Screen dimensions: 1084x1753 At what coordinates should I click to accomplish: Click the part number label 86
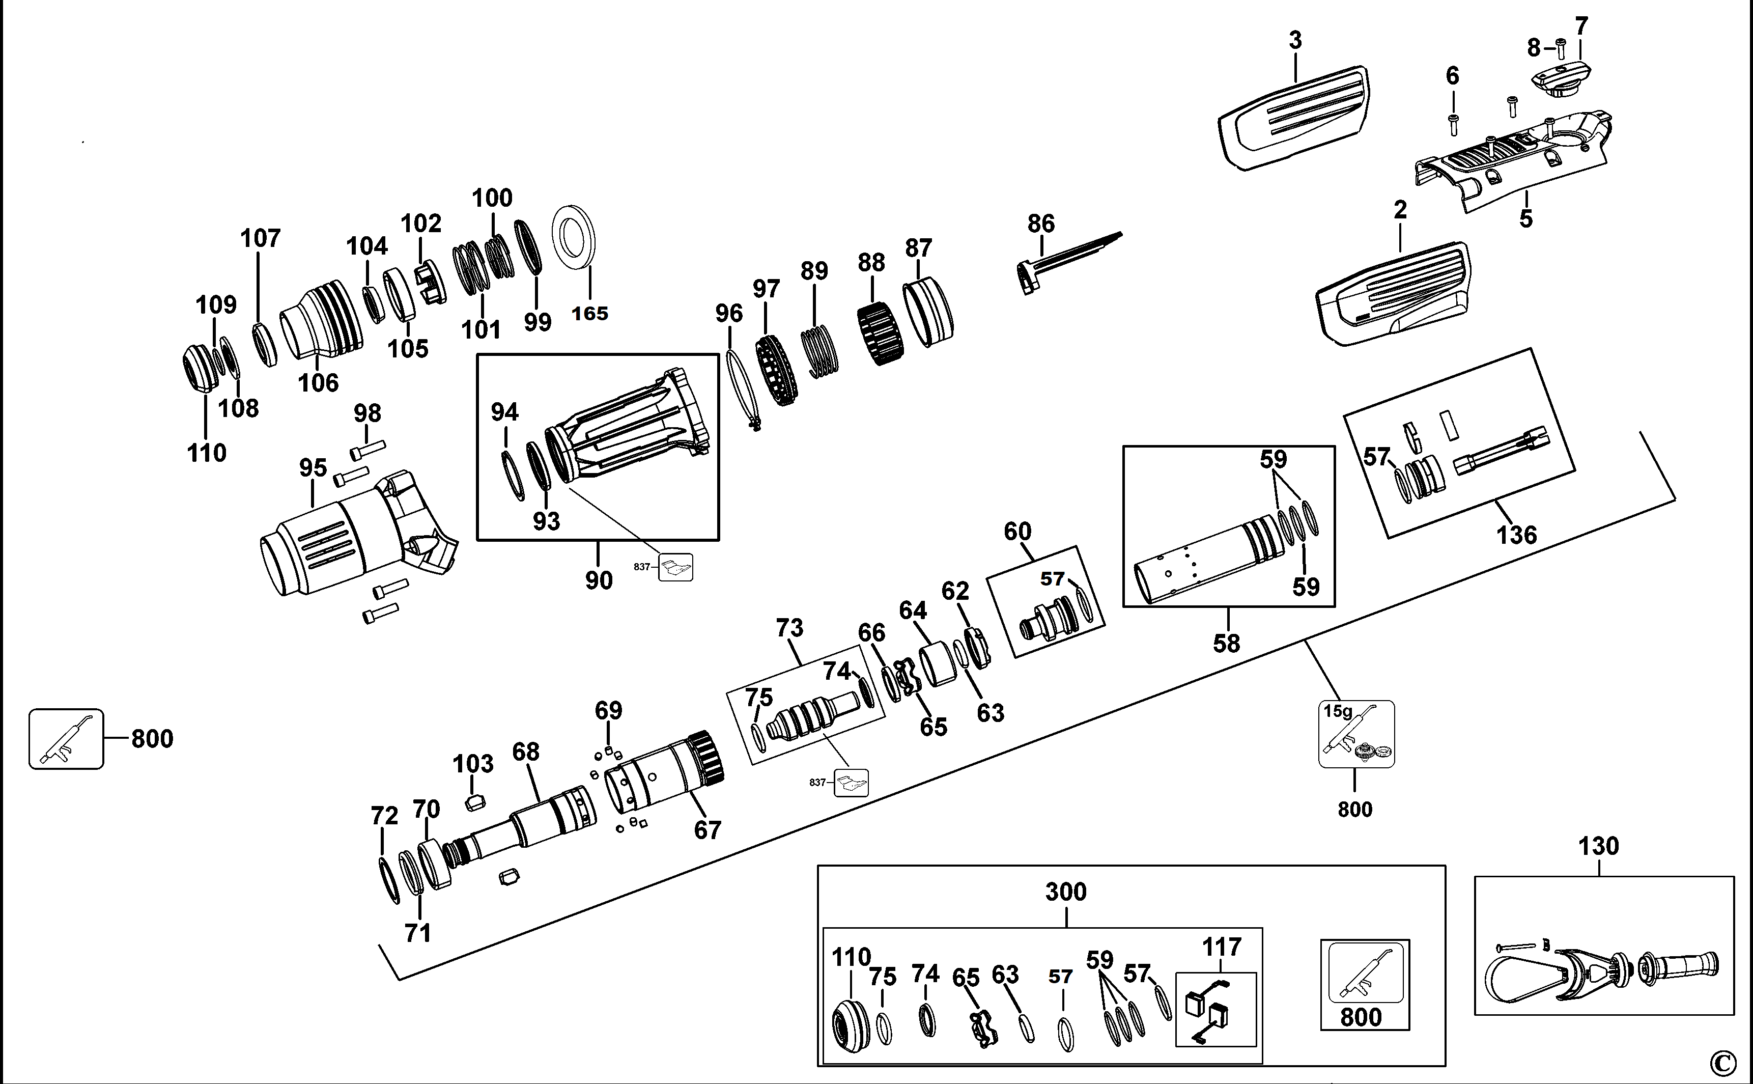1040,224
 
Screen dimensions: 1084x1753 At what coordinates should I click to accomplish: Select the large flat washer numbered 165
573,237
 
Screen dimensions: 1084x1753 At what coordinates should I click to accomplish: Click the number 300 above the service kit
1066,892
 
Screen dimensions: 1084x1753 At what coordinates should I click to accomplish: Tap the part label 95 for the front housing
313,467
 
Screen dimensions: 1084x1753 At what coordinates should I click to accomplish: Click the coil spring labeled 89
819,351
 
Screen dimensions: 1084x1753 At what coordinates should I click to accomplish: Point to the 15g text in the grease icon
1337,711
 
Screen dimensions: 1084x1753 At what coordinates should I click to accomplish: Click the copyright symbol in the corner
1723,1063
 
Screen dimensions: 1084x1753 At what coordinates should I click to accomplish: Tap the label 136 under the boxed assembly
1516,535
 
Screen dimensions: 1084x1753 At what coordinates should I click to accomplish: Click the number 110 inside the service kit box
851,957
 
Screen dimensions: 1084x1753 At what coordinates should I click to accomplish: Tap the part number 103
473,764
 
